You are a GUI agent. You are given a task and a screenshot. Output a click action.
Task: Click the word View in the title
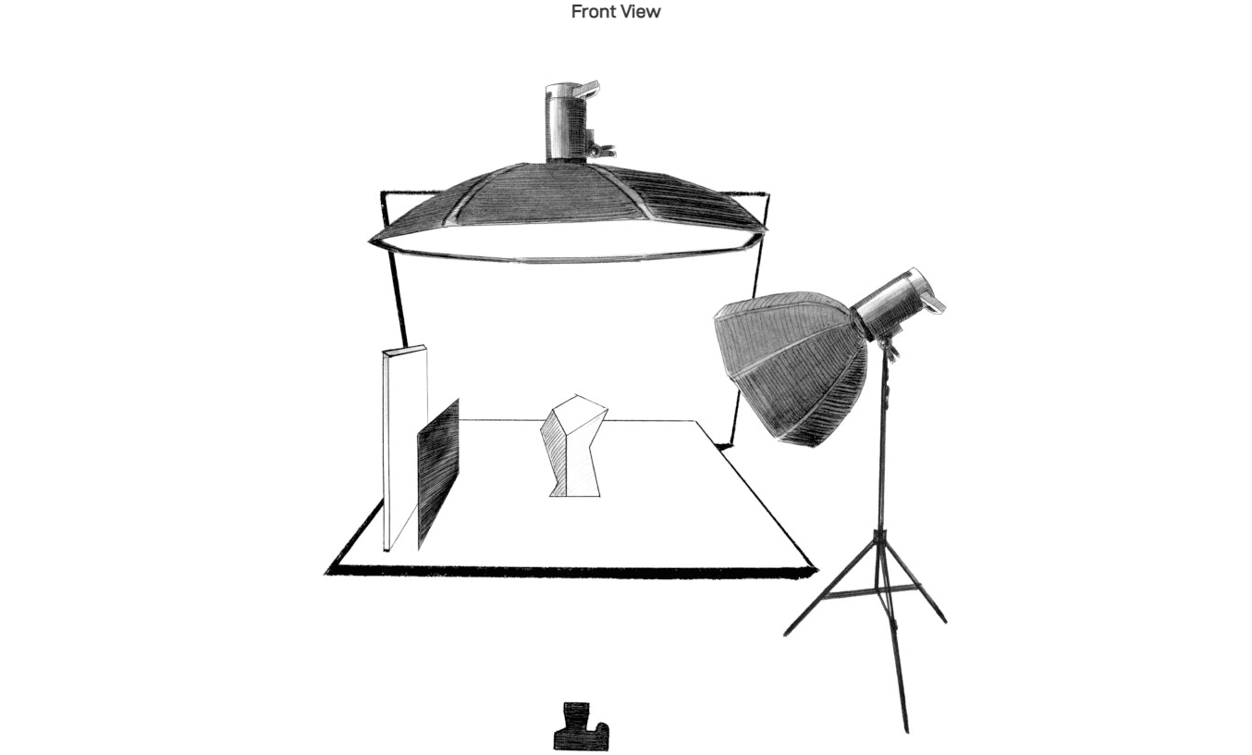coord(643,12)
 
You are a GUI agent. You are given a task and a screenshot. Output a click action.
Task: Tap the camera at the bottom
coord(581,726)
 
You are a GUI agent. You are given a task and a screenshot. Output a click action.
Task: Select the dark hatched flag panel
coord(438,474)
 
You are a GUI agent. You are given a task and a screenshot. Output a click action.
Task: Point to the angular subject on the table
coord(573,446)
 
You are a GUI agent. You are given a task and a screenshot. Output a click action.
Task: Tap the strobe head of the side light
coord(897,303)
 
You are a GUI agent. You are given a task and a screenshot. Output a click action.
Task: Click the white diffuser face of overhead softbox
coord(565,244)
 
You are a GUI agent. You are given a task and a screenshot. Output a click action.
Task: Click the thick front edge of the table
coord(571,572)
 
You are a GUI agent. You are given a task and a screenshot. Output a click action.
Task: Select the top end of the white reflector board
coord(405,351)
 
